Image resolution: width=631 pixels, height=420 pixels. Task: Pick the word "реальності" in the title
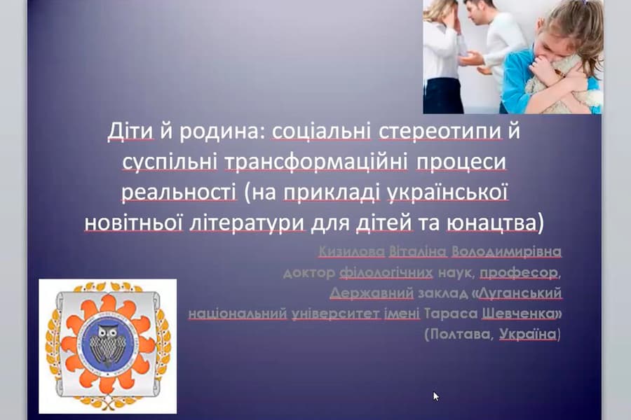[175, 192]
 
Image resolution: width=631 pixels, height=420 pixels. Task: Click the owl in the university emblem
[107, 343]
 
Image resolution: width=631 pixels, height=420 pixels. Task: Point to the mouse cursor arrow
[435, 395]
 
